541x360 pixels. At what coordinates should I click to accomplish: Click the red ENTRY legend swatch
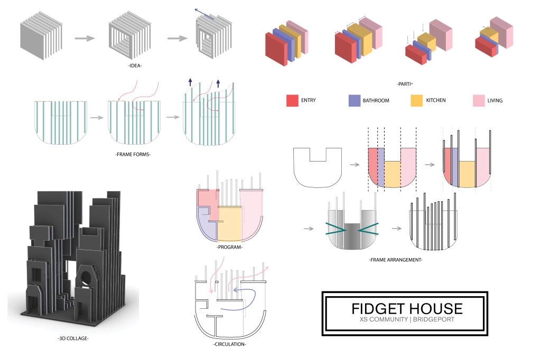(293, 100)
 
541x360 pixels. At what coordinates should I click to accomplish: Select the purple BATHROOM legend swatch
(355, 100)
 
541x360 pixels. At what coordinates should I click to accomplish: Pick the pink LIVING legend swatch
(479, 100)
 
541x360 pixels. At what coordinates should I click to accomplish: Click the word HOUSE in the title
(436, 309)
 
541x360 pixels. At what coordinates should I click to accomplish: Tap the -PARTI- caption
(404, 84)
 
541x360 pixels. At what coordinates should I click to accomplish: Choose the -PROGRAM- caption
(229, 247)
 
